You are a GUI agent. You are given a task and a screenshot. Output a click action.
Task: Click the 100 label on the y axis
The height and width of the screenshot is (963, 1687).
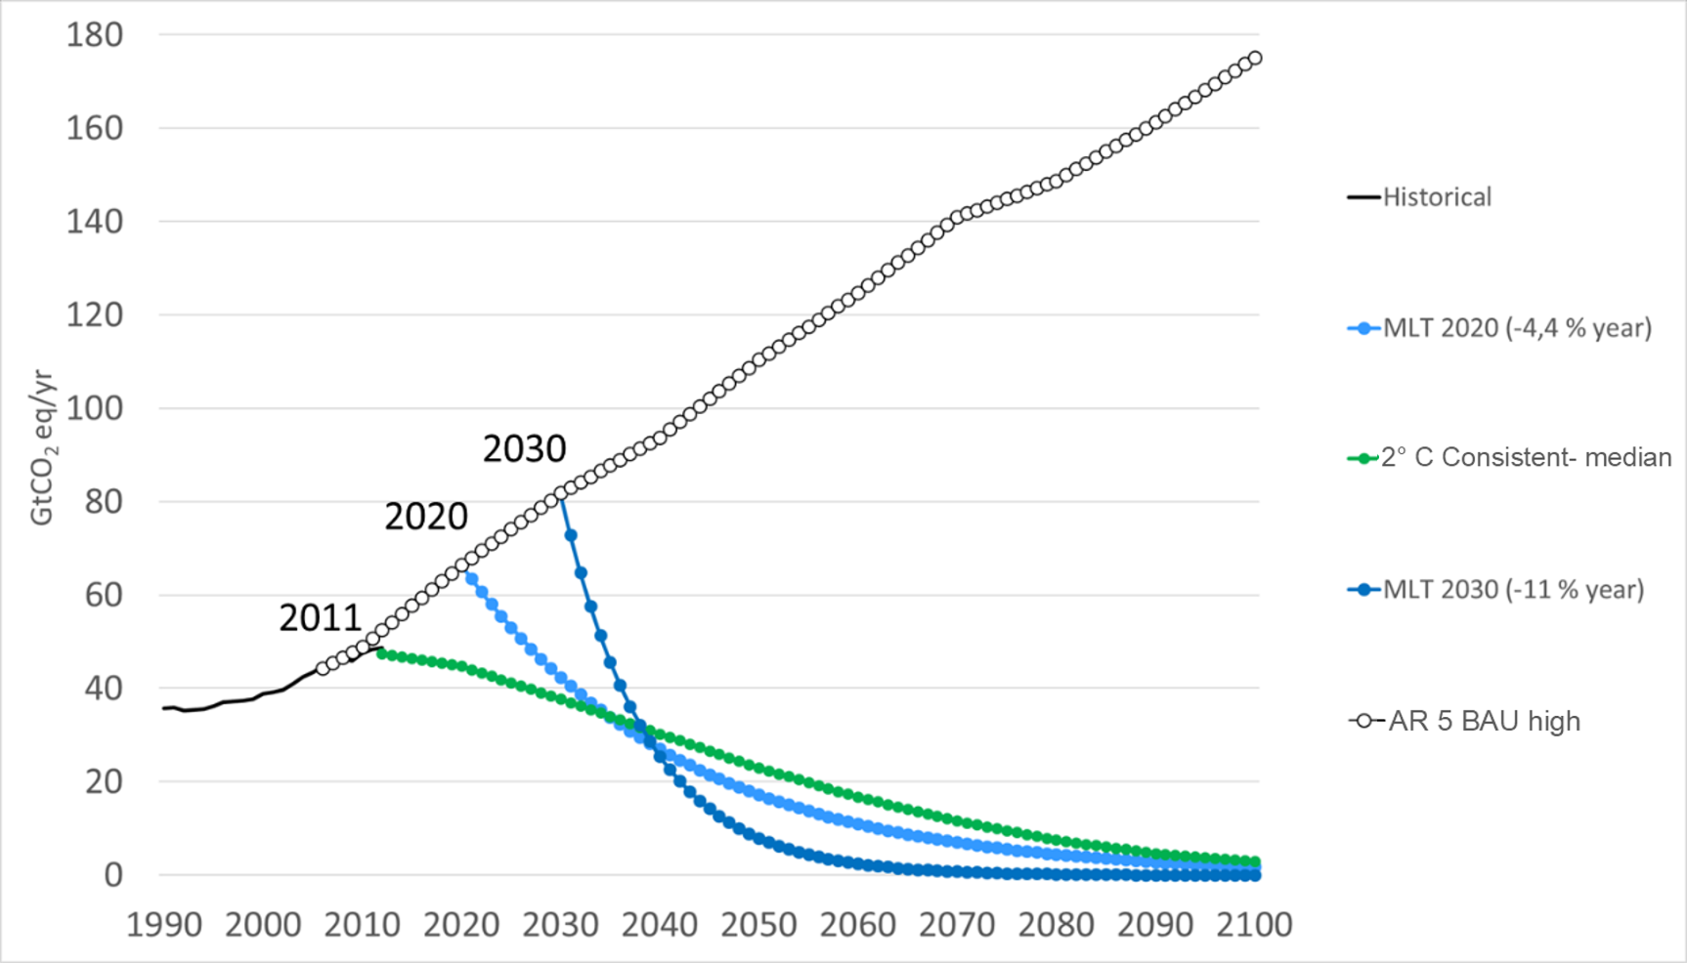tap(95, 408)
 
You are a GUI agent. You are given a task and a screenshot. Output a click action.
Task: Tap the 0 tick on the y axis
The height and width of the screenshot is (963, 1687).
tap(113, 875)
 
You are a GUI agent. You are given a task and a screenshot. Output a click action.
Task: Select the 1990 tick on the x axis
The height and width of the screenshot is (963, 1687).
tap(164, 925)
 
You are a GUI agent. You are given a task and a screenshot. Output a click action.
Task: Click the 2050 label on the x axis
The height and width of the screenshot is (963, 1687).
tap(759, 925)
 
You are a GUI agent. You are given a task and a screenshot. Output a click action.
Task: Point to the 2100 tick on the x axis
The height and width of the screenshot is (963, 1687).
tap(1254, 925)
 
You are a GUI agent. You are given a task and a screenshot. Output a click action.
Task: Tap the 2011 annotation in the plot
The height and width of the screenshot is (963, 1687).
tap(321, 618)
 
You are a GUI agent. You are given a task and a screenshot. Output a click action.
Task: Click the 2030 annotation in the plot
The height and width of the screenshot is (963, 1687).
tap(524, 449)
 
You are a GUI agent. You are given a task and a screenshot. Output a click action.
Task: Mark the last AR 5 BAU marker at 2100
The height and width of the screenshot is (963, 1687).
tap(1254, 58)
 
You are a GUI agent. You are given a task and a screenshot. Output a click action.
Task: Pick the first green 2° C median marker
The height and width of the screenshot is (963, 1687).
tap(382, 654)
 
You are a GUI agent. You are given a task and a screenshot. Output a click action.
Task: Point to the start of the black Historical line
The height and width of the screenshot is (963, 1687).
tap(164, 709)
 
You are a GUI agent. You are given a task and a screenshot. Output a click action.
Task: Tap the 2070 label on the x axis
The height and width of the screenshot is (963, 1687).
tap(957, 925)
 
